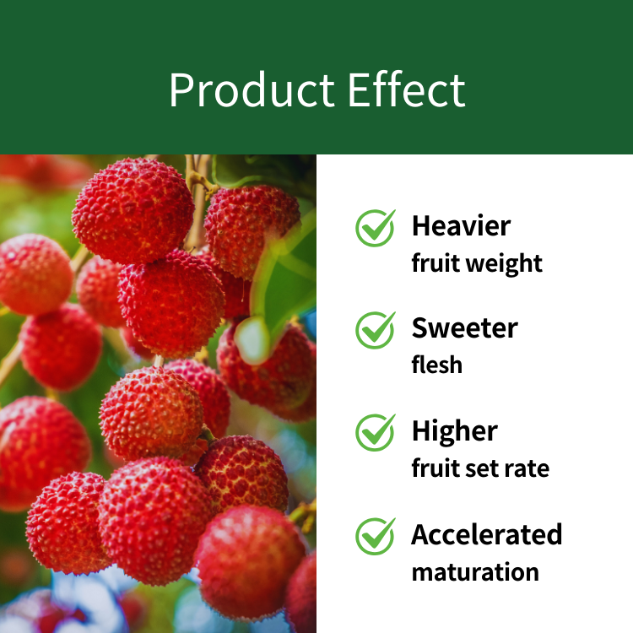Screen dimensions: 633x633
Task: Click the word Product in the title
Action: click(252, 89)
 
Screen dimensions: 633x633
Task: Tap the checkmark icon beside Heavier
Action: click(376, 228)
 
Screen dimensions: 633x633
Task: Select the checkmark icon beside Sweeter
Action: click(376, 330)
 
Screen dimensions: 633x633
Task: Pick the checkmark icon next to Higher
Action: click(376, 432)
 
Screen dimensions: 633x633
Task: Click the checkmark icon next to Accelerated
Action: click(376, 536)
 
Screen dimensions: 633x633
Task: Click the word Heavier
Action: click(461, 225)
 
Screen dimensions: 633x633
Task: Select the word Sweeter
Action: click(465, 327)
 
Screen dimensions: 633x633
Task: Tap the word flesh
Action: click(437, 364)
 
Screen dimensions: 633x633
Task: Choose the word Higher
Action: click(455, 431)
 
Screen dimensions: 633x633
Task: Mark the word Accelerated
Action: click(486, 534)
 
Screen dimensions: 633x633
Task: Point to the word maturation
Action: click(475, 572)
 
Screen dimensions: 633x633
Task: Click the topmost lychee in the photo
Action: click(133, 211)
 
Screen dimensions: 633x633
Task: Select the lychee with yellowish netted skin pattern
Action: click(242, 473)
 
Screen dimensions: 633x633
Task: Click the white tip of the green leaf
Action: click(252, 340)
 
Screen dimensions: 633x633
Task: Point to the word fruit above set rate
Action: click(436, 468)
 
